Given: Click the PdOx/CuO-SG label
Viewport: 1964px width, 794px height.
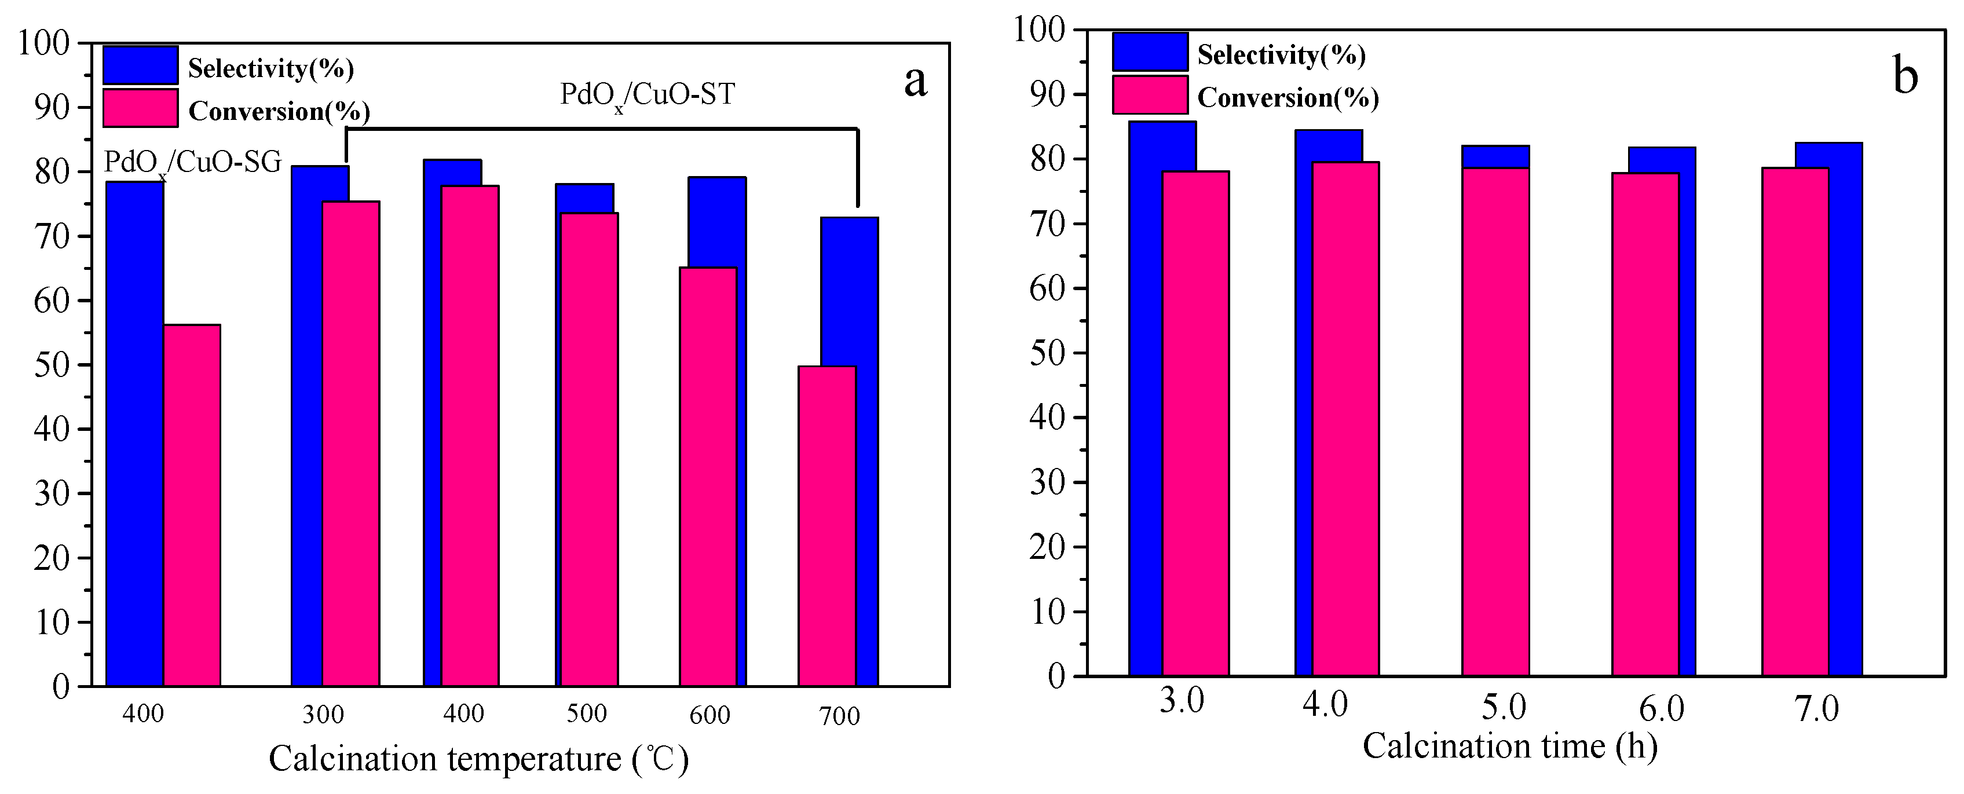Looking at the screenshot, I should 193,163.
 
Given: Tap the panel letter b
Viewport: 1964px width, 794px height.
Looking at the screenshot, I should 1906,77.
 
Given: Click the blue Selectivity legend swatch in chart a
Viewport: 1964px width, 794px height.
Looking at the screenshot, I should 140,65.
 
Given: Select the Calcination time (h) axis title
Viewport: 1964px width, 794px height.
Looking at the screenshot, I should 1509,746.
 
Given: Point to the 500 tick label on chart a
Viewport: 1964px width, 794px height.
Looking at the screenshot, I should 586,714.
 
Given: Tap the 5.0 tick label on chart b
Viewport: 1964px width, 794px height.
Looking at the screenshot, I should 1504,707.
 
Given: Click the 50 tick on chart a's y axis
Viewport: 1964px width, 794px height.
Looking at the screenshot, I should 52,365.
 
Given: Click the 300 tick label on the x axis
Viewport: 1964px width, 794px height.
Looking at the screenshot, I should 323,715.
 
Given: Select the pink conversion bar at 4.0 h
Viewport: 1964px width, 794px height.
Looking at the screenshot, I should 1345,419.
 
